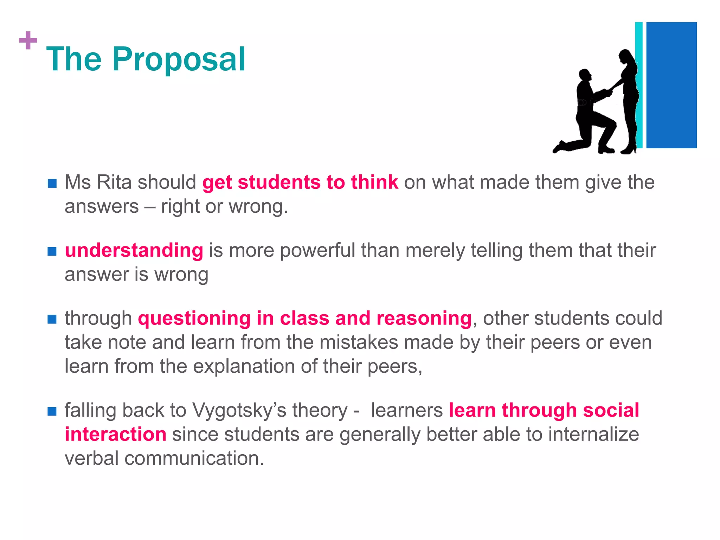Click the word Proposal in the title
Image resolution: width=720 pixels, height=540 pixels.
[x=178, y=60]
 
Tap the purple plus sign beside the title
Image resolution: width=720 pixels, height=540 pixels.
[x=28, y=40]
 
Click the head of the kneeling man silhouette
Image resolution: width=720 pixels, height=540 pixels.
[x=585, y=75]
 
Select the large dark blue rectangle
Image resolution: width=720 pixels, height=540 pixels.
[x=671, y=85]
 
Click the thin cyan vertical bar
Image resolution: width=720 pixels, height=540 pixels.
[x=639, y=85]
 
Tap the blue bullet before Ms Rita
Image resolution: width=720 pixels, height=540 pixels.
[x=52, y=183]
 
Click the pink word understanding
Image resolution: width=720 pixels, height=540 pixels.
[x=134, y=251]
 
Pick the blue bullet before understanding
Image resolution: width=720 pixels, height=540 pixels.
[x=52, y=251]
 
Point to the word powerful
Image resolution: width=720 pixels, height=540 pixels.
[x=317, y=251]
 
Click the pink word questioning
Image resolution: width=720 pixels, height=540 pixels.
[x=194, y=319]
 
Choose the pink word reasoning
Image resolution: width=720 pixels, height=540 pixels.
[x=424, y=319]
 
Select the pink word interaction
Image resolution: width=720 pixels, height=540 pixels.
[x=115, y=435]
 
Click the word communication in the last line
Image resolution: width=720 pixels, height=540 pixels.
[x=194, y=458]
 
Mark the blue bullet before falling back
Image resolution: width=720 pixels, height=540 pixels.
[x=52, y=411]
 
